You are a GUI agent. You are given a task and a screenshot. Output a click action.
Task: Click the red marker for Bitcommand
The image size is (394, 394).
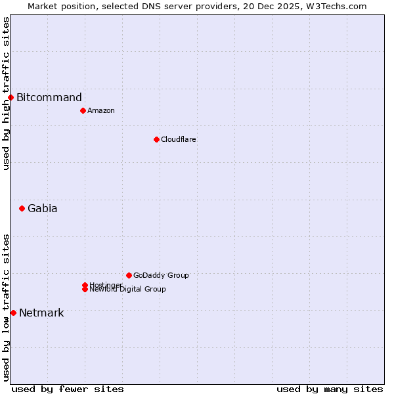pyautogui.click(x=11, y=98)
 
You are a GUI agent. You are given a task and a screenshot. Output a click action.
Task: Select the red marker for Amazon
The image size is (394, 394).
pyautogui.click(x=83, y=110)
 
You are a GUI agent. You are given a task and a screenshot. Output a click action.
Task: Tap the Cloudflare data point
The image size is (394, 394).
pyautogui.click(x=156, y=139)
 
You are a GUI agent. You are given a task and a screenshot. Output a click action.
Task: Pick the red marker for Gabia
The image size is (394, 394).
pyautogui.click(x=22, y=209)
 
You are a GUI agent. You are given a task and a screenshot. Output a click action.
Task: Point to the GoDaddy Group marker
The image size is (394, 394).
pyautogui.click(x=129, y=275)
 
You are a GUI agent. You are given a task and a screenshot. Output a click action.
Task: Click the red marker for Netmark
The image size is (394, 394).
pyautogui.click(x=13, y=313)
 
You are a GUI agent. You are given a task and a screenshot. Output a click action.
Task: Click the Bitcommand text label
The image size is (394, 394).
pyautogui.click(x=49, y=98)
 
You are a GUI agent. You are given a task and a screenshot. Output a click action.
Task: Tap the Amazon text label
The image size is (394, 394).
pyautogui.click(x=101, y=110)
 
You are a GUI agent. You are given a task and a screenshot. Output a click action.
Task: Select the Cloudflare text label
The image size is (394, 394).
pyautogui.click(x=179, y=139)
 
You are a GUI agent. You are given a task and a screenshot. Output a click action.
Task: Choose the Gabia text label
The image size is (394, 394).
pyautogui.click(x=43, y=209)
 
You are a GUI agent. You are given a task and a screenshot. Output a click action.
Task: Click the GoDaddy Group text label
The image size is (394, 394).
pyautogui.click(x=161, y=275)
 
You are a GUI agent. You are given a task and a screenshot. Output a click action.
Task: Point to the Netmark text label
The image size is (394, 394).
pyautogui.click(x=41, y=313)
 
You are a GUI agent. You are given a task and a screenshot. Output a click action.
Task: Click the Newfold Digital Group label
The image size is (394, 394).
pyautogui.click(x=128, y=290)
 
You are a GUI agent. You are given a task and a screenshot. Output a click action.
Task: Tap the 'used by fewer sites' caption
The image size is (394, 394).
pyautogui.click(x=68, y=389)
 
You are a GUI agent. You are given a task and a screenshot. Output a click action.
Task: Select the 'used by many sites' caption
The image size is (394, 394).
pyautogui.click(x=330, y=389)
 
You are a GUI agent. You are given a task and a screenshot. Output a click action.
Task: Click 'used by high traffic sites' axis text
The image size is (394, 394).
pyautogui.click(x=6, y=93)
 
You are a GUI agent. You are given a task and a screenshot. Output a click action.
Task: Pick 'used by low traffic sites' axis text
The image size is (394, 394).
pyautogui.click(x=6, y=307)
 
